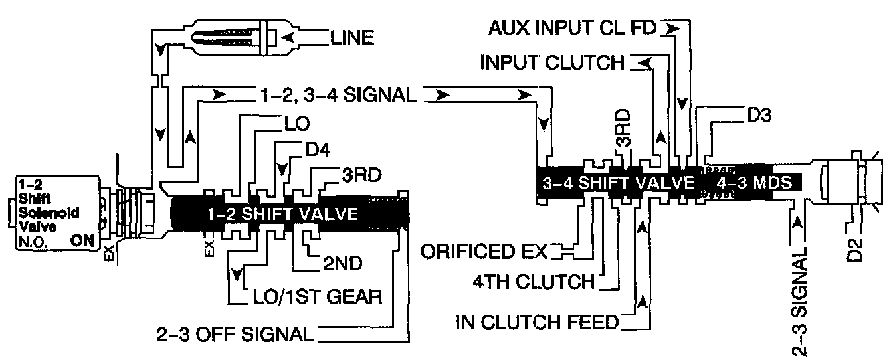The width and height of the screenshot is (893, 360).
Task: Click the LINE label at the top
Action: point(351,37)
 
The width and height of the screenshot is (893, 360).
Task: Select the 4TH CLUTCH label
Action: point(531,282)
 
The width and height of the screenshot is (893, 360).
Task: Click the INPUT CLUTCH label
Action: point(552,62)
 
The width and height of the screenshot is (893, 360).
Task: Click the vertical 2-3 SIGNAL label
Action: point(803,302)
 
